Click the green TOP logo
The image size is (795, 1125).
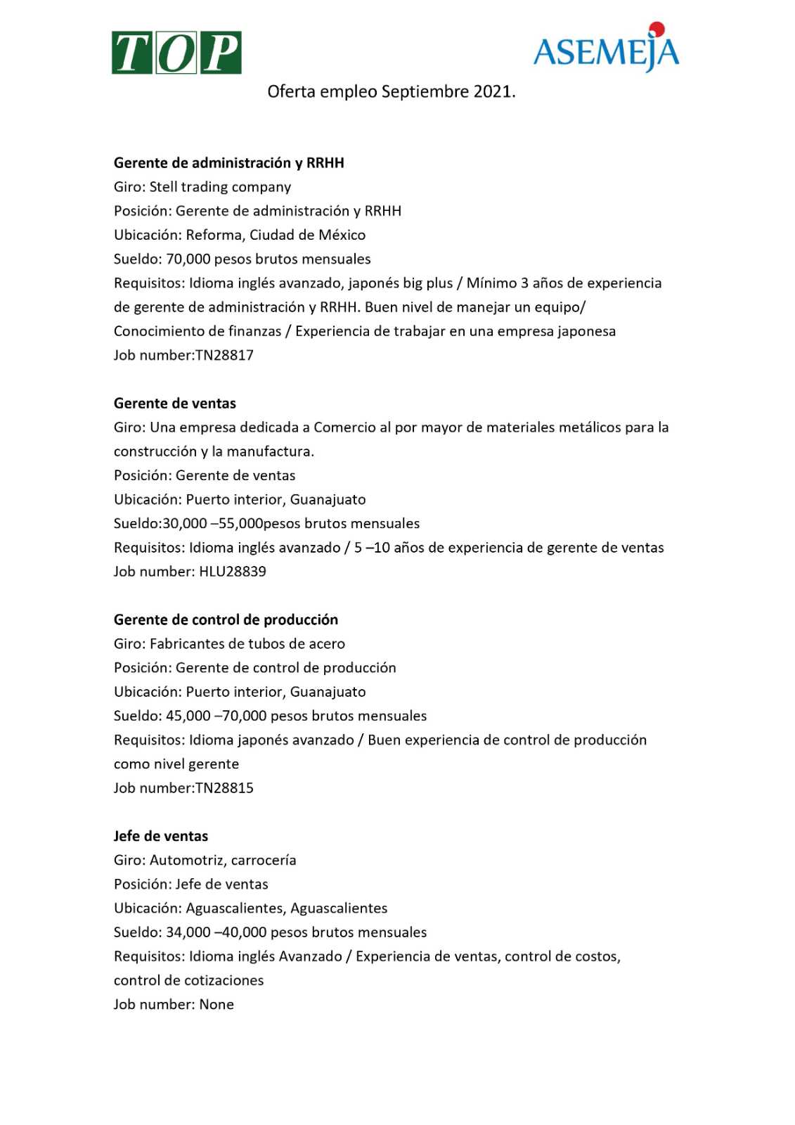tap(176, 53)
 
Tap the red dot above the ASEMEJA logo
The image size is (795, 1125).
tap(657, 29)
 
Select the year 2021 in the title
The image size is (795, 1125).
tap(493, 91)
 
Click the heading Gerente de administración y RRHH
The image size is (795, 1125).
tap(228, 163)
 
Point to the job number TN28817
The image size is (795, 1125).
tap(224, 355)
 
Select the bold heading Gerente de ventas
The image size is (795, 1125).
tap(174, 404)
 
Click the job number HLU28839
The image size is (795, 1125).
tap(233, 572)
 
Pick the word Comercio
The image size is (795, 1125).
tap(344, 427)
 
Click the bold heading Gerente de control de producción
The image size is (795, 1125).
tap(226, 620)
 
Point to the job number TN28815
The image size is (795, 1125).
tap(224, 788)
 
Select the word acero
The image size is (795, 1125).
tap(327, 644)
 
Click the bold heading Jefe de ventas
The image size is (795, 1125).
tap(160, 837)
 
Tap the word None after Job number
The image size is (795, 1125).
tap(216, 1005)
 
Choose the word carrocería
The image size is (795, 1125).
tap(264, 861)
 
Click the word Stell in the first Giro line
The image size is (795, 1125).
tap(163, 187)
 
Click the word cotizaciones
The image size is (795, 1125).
tap(224, 981)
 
